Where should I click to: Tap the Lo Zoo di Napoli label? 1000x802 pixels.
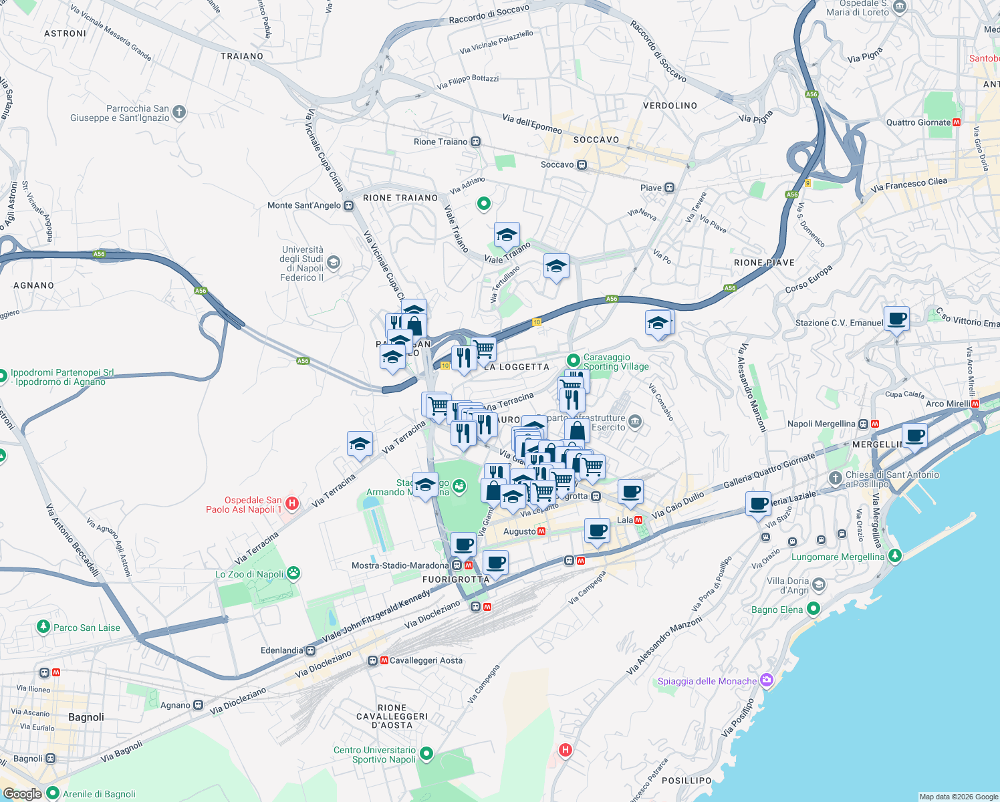pyautogui.click(x=249, y=574)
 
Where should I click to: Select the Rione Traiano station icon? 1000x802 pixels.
pyautogui.click(x=475, y=142)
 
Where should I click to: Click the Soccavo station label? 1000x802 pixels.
pyautogui.click(x=557, y=164)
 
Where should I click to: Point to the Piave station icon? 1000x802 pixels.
pyautogui.click(x=669, y=188)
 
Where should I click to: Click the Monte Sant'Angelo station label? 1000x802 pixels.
pyautogui.click(x=304, y=205)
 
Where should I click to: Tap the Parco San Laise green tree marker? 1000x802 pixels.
pyautogui.click(x=43, y=627)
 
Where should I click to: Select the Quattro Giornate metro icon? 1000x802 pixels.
pyautogui.click(x=957, y=122)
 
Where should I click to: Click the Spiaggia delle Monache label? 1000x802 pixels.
pyautogui.click(x=707, y=681)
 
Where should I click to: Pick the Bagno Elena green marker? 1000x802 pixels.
pyautogui.click(x=813, y=609)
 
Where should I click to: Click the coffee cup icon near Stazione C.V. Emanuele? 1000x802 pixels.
pyautogui.click(x=896, y=319)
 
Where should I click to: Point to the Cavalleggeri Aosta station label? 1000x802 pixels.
pyautogui.click(x=426, y=660)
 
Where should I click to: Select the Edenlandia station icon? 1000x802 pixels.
pyautogui.click(x=310, y=650)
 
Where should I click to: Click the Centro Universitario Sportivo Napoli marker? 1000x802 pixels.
pyautogui.click(x=426, y=755)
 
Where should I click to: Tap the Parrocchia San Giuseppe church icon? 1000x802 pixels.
pyautogui.click(x=179, y=112)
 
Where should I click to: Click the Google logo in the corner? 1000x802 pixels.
pyautogui.click(x=23, y=793)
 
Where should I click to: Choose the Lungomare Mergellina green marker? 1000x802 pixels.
pyautogui.click(x=894, y=556)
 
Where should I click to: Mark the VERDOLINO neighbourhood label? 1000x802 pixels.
pyautogui.click(x=670, y=106)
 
